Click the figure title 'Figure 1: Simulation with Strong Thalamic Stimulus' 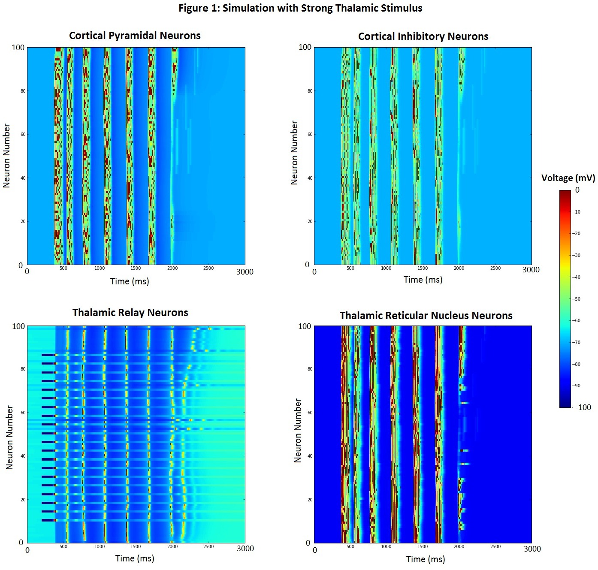tap(300, 8)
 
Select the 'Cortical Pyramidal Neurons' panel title tap(135, 36)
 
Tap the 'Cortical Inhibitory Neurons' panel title tap(423, 36)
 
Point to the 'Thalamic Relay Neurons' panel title tap(130, 313)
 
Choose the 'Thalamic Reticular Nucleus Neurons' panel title tap(426, 316)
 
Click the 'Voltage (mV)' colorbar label tap(568, 178)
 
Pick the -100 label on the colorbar tap(583, 407)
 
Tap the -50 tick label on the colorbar tap(577, 299)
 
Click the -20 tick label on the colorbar tap(577, 233)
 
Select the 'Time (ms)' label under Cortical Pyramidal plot tap(130, 281)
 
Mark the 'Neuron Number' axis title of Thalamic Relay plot tap(9, 437)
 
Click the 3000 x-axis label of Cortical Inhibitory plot tap(531, 270)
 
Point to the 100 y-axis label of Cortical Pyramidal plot tap(18, 48)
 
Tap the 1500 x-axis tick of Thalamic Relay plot tap(136, 547)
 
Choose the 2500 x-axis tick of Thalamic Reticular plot tap(495, 547)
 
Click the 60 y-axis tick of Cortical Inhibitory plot tap(309, 134)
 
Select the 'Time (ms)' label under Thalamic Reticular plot tap(426, 559)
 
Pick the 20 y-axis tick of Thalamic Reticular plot tap(309, 500)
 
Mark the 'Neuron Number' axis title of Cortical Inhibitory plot tap(294, 153)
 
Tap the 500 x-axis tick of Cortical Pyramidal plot tap(63, 268)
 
